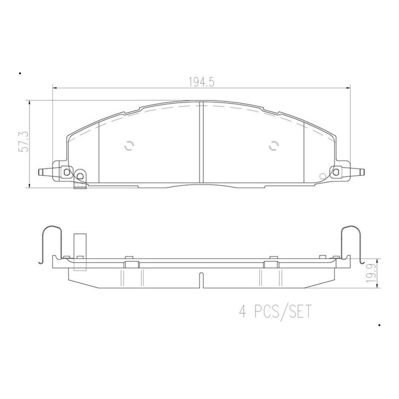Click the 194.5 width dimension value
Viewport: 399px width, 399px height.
point(201,82)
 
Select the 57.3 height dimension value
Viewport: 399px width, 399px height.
point(23,141)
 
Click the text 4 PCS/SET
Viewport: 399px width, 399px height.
point(275,317)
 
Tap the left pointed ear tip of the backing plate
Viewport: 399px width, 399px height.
point(39,172)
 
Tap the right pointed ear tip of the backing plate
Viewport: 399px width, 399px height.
point(364,172)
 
